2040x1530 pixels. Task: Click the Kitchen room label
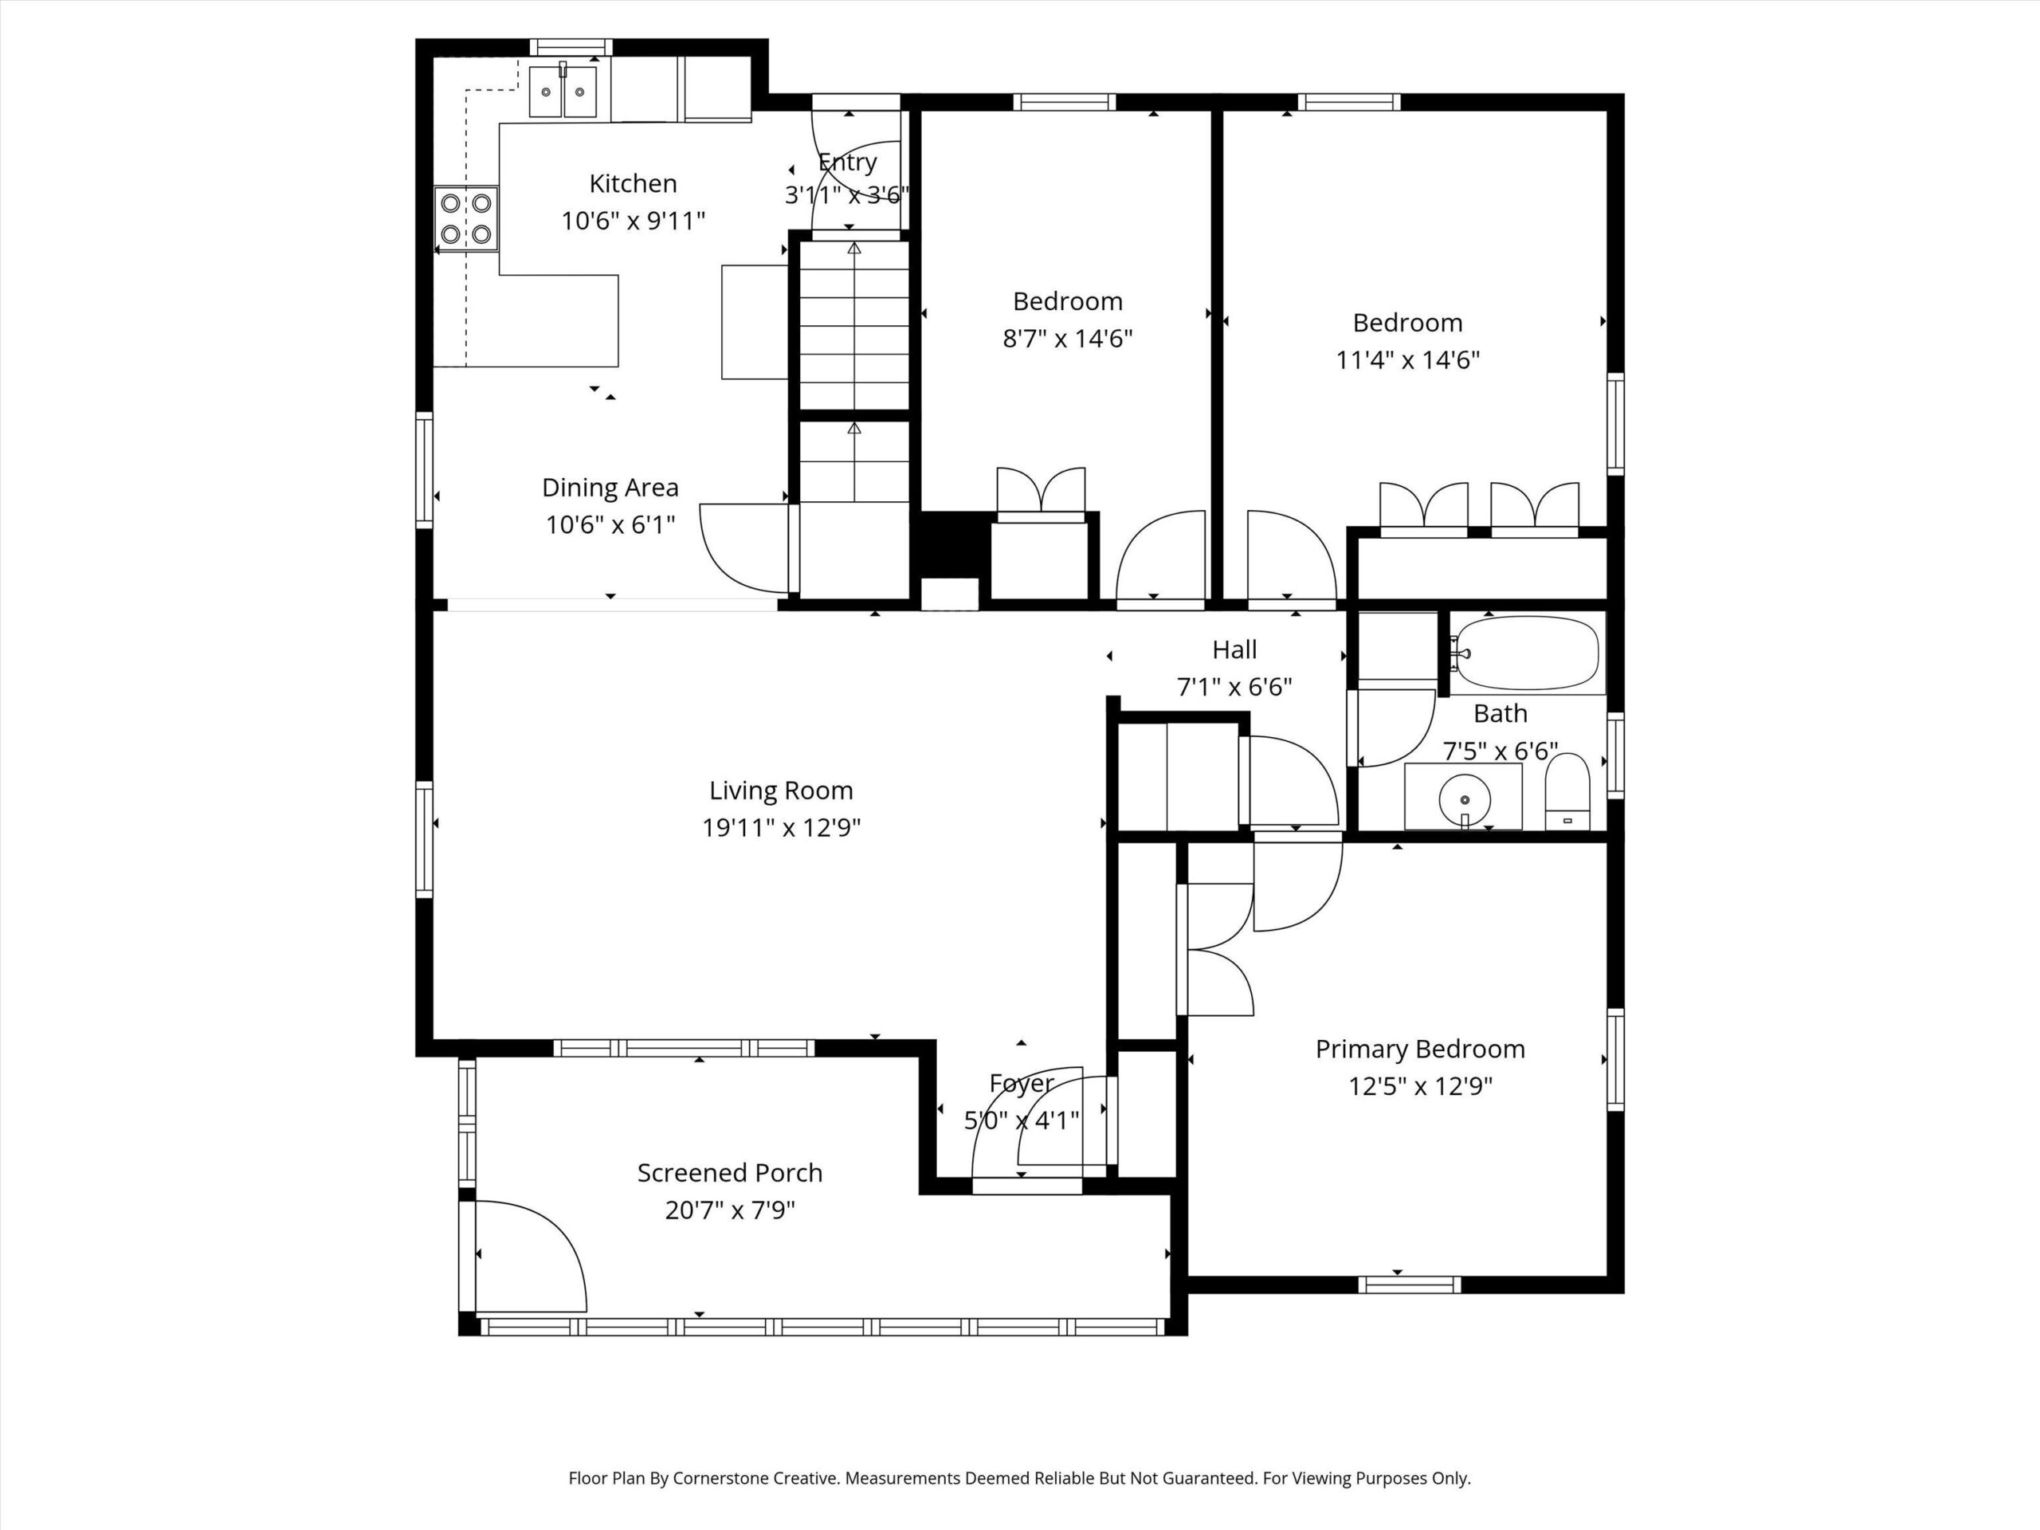[633, 183]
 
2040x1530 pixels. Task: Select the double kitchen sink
[563, 90]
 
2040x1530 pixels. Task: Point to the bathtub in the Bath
[1529, 653]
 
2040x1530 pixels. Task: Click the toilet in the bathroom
[1567, 791]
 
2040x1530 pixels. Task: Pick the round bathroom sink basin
[1464, 793]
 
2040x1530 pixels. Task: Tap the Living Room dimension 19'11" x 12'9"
[781, 828]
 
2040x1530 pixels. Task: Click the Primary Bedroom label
[1420, 1049]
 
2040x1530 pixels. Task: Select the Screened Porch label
[729, 1173]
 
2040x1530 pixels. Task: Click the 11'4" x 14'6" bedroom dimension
[1407, 359]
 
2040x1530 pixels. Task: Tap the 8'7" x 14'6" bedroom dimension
[1067, 339]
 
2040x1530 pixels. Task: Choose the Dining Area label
[610, 488]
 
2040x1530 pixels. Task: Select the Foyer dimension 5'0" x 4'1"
[1022, 1120]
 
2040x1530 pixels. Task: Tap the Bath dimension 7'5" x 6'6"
[1501, 751]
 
